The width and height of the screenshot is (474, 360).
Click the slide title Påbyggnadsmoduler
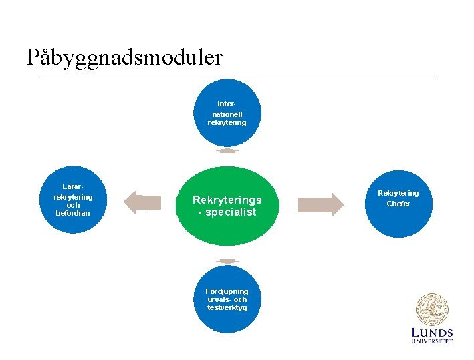point(124,57)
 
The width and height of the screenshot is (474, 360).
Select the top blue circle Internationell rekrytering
point(227,112)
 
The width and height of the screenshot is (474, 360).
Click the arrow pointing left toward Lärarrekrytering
point(143,202)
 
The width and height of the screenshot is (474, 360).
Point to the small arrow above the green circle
point(227,151)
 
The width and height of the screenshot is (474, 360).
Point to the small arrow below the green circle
point(227,260)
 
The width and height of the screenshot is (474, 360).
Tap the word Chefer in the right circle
point(398,204)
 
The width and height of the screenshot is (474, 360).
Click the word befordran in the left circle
point(73,213)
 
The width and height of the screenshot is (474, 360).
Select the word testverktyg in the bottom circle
point(227,307)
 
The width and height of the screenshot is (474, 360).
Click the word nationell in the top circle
point(227,114)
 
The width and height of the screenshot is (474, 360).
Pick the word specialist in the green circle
point(231,212)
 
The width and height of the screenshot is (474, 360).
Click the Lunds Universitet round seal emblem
point(432,310)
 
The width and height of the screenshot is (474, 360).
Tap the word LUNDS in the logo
point(432,333)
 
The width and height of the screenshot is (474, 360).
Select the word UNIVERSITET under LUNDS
point(432,341)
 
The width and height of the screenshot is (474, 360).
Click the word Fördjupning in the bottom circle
point(227,291)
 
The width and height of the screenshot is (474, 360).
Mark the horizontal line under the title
point(237,79)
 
